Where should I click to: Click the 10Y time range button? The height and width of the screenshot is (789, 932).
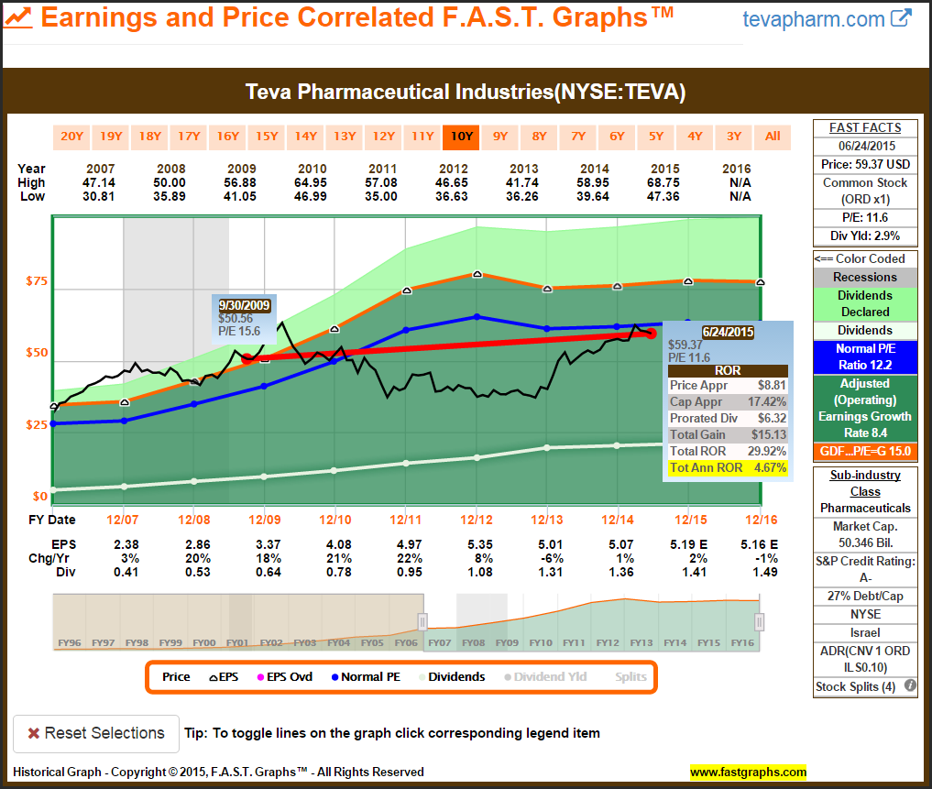(x=461, y=137)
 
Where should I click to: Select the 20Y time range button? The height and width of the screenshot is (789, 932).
(x=71, y=137)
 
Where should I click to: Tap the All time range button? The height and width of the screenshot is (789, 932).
(x=773, y=137)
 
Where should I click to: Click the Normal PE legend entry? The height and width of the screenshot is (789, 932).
(x=367, y=677)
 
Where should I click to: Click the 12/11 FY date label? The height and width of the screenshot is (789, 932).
(x=405, y=520)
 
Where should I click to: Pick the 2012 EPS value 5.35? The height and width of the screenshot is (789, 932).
(x=477, y=543)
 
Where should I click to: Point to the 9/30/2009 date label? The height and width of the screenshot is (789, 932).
(x=244, y=305)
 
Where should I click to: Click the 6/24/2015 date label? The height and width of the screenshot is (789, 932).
(x=727, y=331)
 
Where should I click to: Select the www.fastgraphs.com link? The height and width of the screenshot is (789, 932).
(x=748, y=772)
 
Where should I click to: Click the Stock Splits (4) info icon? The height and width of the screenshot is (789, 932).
(x=910, y=685)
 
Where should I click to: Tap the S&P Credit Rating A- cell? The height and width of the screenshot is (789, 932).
(x=866, y=569)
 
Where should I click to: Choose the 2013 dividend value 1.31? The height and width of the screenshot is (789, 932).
(x=547, y=573)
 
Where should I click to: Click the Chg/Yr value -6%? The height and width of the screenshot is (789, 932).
(x=547, y=558)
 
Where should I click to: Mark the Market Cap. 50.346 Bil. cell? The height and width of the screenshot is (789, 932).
(x=866, y=534)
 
